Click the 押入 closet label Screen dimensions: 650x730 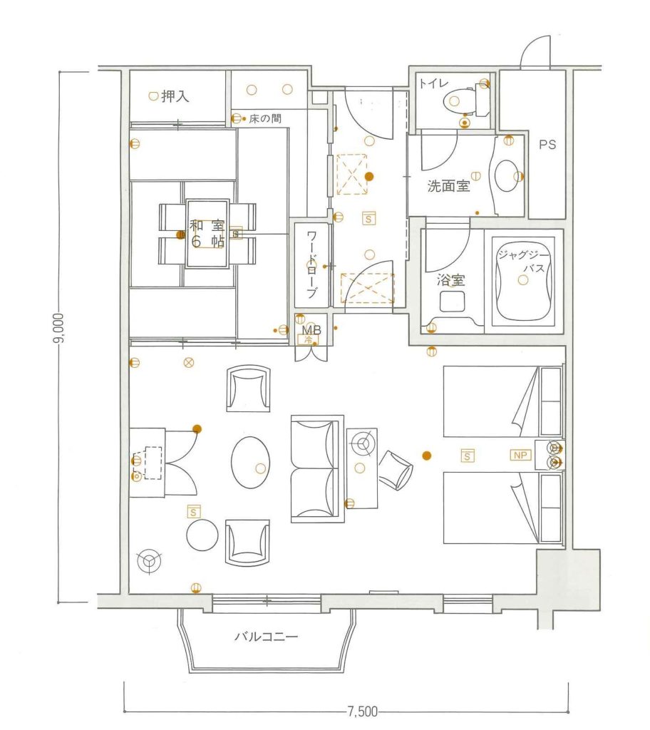click(175, 96)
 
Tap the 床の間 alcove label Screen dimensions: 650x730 click(265, 119)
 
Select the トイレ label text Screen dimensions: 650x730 click(433, 83)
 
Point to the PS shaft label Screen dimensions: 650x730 click(547, 145)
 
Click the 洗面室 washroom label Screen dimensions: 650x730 click(448, 186)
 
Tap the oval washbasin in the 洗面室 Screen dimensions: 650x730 click(507, 176)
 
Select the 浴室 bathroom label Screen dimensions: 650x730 click(450, 279)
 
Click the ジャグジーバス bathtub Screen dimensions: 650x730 click(523, 279)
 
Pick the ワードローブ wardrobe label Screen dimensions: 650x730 click(311, 265)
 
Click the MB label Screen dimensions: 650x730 click(311, 330)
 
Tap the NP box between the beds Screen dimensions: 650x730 click(520, 455)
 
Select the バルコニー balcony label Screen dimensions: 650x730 click(267, 637)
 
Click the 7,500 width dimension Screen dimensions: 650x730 click(363, 711)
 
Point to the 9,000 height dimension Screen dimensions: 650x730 click(59, 329)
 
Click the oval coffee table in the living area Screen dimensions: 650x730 click(250, 462)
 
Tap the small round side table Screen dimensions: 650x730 click(202, 535)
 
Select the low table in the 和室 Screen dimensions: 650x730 click(207, 234)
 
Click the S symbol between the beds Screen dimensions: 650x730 click(467, 456)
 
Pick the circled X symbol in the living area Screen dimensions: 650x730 click(189, 361)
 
